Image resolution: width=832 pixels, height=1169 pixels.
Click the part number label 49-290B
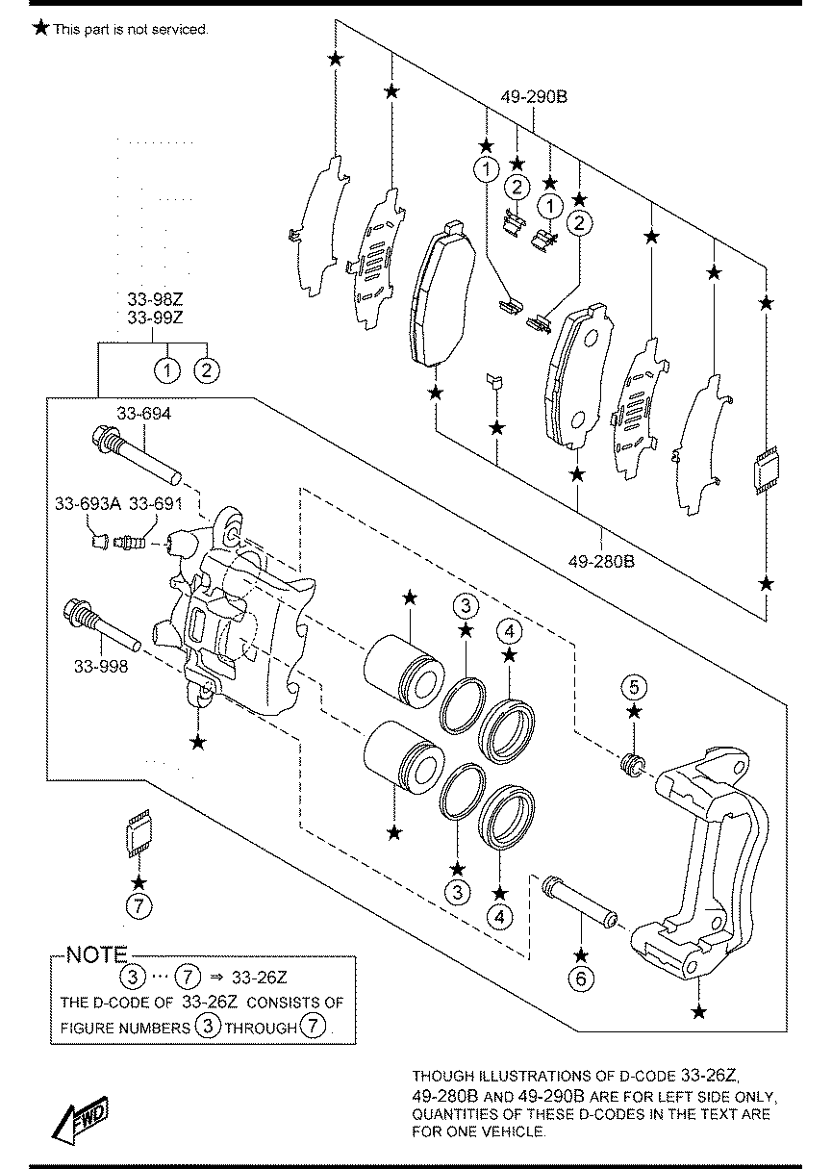pos(534,97)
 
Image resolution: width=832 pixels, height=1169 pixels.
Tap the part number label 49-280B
pos(601,562)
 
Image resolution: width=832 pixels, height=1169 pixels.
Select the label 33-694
pos(144,414)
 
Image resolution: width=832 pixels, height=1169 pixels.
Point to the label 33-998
pos(101,667)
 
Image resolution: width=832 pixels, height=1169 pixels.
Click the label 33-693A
pos(88,503)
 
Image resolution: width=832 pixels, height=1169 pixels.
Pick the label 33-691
pos(156,503)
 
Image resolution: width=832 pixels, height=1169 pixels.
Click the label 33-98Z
pos(155,299)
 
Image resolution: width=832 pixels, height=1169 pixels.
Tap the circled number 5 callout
pos(634,687)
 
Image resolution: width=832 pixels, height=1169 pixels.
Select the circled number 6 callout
pos(581,978)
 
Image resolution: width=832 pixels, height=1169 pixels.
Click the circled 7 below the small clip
pos(139,905)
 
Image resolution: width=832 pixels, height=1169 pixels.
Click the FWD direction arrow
pos(81,1118)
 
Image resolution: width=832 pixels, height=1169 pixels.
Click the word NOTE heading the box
pos(97,955)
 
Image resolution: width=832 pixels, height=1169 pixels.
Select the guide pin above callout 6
pos(580,902)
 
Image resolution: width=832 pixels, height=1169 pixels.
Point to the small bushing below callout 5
pos(632,765)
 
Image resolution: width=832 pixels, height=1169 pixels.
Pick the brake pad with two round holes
pos(577,376)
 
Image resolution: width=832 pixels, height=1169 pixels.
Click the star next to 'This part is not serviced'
pos(40,28)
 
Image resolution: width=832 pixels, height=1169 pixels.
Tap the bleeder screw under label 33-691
pos(129,544)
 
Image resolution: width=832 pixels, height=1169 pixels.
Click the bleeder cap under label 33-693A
pos(100,542)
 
